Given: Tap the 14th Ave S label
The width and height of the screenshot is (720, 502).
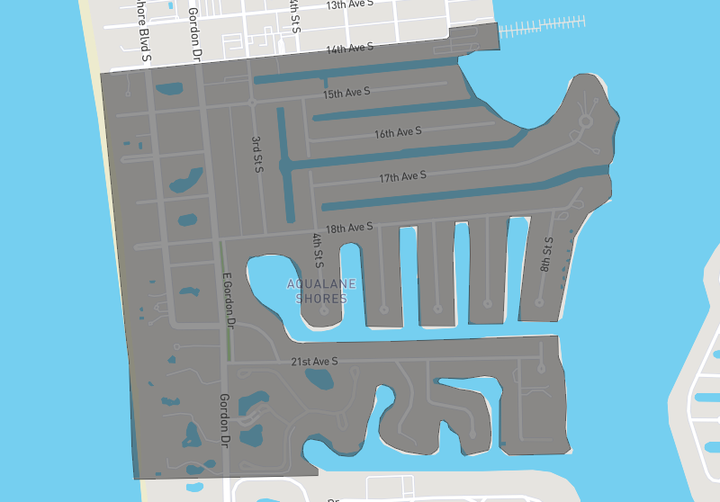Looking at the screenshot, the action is (349, 48).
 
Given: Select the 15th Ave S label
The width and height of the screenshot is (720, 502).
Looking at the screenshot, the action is (346, 93).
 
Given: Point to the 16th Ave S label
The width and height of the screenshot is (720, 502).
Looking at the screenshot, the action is (398, 133).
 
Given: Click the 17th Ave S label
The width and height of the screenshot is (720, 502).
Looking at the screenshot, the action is (402, 176).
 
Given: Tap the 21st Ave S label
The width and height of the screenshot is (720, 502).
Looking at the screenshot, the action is (314, 362).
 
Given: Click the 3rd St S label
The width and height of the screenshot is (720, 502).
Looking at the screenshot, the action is (256, 153).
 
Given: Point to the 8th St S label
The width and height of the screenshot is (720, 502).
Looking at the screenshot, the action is (546, 255).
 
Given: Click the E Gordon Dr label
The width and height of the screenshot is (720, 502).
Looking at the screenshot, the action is (228, 300).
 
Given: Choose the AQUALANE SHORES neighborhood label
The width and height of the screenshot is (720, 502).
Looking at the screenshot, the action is (321, 291).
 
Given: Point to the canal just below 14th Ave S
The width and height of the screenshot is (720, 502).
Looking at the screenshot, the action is (360, 72).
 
